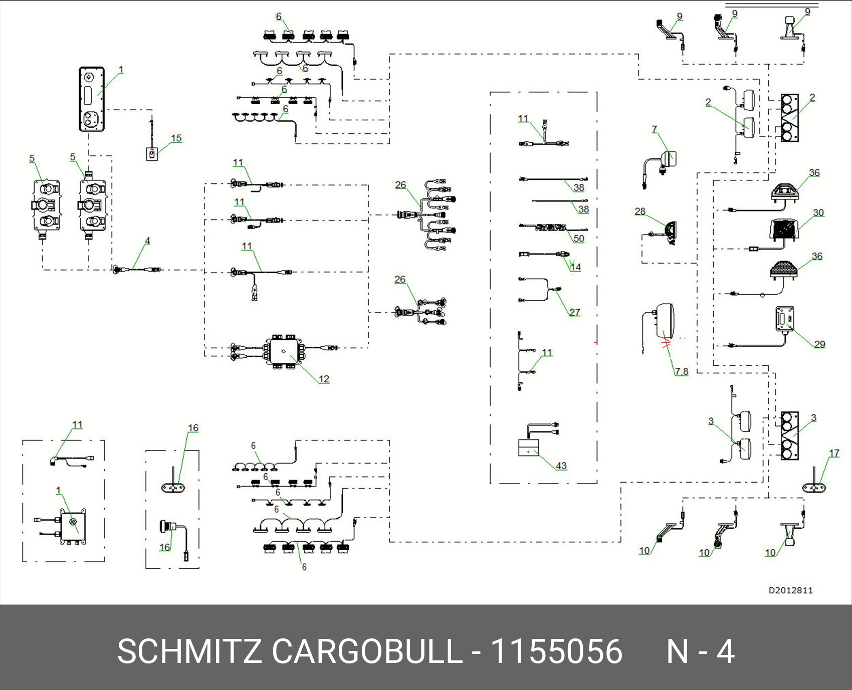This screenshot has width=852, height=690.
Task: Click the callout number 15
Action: (x=176, y=138)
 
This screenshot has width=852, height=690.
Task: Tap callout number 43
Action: (x=561, y=466)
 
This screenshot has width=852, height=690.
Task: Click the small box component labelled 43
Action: (x=529, y=447)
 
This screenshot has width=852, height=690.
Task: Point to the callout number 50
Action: (x=578, y=239)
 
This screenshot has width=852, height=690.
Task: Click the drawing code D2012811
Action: (x=790, y=590)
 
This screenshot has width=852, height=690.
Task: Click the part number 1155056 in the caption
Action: (x=556, y=651)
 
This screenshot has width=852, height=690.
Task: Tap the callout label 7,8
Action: (x=681, y=371)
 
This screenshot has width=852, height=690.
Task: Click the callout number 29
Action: (x=819, y=344)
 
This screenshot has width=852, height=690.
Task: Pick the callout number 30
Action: (x=818, y=212)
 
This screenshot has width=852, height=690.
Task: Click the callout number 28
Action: (x=640, y=211)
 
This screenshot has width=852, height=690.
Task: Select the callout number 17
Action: (x=834, y=453)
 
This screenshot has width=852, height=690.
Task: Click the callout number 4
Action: (x=147, y=241)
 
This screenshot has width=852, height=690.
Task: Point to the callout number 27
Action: (x=574, y=312)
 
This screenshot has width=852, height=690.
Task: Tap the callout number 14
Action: (x=575, y=267)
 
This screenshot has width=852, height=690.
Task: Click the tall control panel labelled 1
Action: (x=92, y=99)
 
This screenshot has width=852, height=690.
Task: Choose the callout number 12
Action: (x=324, y=379)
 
